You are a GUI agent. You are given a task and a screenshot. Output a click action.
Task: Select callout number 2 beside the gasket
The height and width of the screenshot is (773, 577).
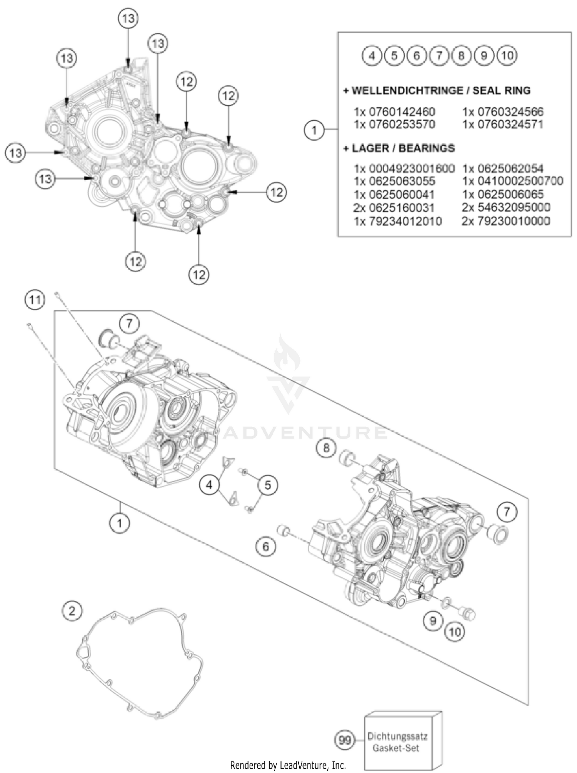(x=72, y=610)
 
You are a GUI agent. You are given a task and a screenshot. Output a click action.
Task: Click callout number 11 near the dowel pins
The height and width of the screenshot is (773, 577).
(x=35, y=299)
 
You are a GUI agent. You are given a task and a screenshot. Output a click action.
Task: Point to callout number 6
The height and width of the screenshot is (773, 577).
(x=266, y=546)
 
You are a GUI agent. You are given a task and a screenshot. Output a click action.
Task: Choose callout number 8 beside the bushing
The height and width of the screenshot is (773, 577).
(x=326, y=448)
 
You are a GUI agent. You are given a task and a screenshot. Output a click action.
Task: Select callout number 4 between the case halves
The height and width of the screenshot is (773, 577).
(x=209, y=485)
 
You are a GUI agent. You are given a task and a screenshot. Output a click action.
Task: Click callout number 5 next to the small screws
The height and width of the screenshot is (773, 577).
(x=268, y=485)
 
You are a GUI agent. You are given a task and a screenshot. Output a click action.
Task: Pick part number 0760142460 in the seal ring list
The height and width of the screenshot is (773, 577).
(x=394, y=112)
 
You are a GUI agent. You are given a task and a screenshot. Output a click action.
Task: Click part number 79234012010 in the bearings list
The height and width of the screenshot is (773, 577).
(x=398, y=221)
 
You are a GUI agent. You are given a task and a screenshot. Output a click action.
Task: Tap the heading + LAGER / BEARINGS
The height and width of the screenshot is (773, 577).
(x=399, y=148)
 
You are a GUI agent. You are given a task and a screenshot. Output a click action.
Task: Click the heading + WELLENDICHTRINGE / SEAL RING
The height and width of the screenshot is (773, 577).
(x=437, y=91)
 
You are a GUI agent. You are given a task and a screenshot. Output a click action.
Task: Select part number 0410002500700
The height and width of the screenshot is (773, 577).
(x=512, y=181)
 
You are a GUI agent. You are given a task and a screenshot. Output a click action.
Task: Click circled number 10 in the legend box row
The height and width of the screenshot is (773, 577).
(x=507, y=56)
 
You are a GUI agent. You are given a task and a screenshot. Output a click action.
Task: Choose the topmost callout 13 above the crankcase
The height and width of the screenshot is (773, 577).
(x=128, y=18)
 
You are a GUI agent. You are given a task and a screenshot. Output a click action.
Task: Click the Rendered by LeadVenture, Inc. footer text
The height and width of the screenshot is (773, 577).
(x=288, y=765)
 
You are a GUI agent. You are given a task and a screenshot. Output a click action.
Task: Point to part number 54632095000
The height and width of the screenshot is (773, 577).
(x=506, y=208)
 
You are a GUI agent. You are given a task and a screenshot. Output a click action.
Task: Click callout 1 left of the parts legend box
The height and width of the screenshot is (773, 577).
(x=314, y=130)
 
